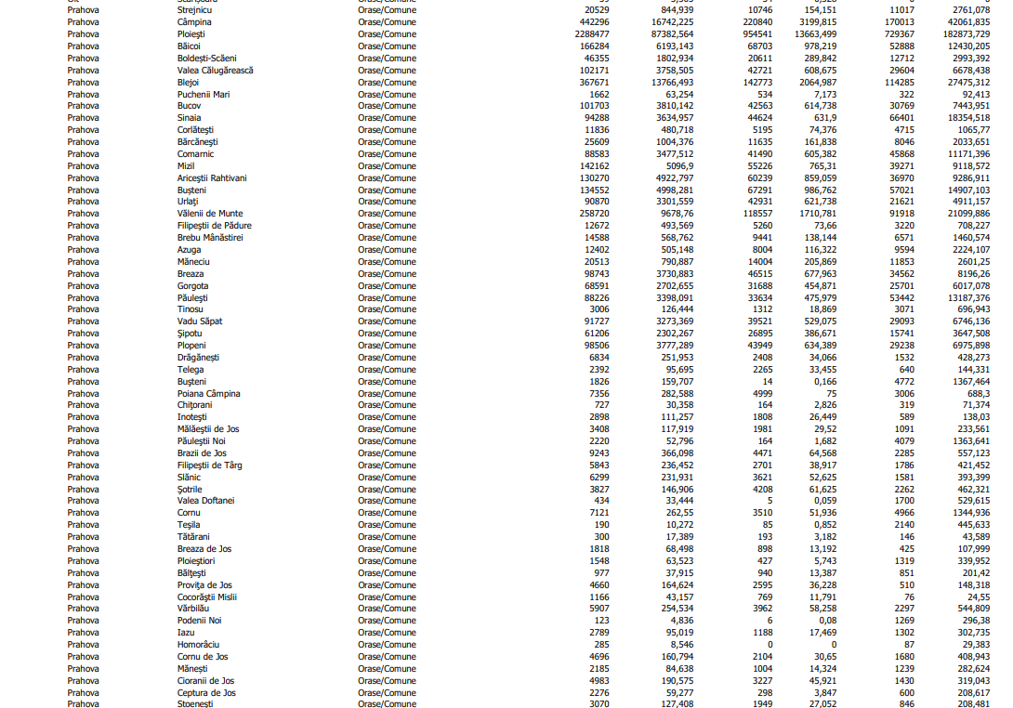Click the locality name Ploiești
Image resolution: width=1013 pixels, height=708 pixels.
[191, 33]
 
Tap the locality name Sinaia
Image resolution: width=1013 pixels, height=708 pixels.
[189, 118]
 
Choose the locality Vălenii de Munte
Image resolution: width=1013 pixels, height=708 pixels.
[210, 214]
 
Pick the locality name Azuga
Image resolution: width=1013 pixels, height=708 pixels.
[189, 250]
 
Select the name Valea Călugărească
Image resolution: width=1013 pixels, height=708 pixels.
[215, 70]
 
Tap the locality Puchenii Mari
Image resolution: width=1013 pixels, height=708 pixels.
[204, 94]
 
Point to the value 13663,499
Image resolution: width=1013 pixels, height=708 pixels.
[809, 33]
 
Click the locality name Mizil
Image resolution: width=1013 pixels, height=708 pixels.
[186, 165]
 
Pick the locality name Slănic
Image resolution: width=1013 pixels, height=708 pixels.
[189, 477]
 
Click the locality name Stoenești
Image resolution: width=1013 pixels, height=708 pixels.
[195, 704]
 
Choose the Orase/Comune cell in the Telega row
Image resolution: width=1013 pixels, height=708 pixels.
[387, 369]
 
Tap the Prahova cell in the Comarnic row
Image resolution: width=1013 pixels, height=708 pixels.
[83, 153]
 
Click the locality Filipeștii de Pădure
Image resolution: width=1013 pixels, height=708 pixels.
[214, 226]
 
